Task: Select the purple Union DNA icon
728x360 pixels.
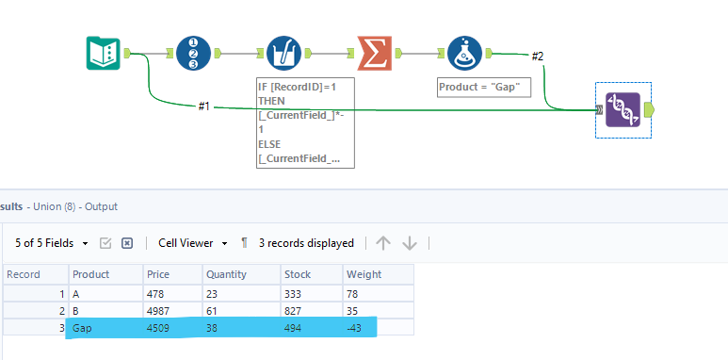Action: pos(623,109)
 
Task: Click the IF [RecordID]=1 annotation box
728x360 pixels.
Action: pos(306,123)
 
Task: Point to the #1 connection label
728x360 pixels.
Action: pos(203,106)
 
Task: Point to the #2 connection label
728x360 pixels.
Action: pos(538,57)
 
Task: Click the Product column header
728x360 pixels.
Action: pos(90,274)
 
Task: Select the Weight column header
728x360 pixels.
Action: pos(364,274)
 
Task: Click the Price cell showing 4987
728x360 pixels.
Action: pos(161,310)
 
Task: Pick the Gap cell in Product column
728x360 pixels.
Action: pos(86,328)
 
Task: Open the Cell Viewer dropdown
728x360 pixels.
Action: pos(192,243)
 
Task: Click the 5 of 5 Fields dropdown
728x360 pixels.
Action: pos(52,243)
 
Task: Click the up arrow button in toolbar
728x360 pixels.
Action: pos(382,243)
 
